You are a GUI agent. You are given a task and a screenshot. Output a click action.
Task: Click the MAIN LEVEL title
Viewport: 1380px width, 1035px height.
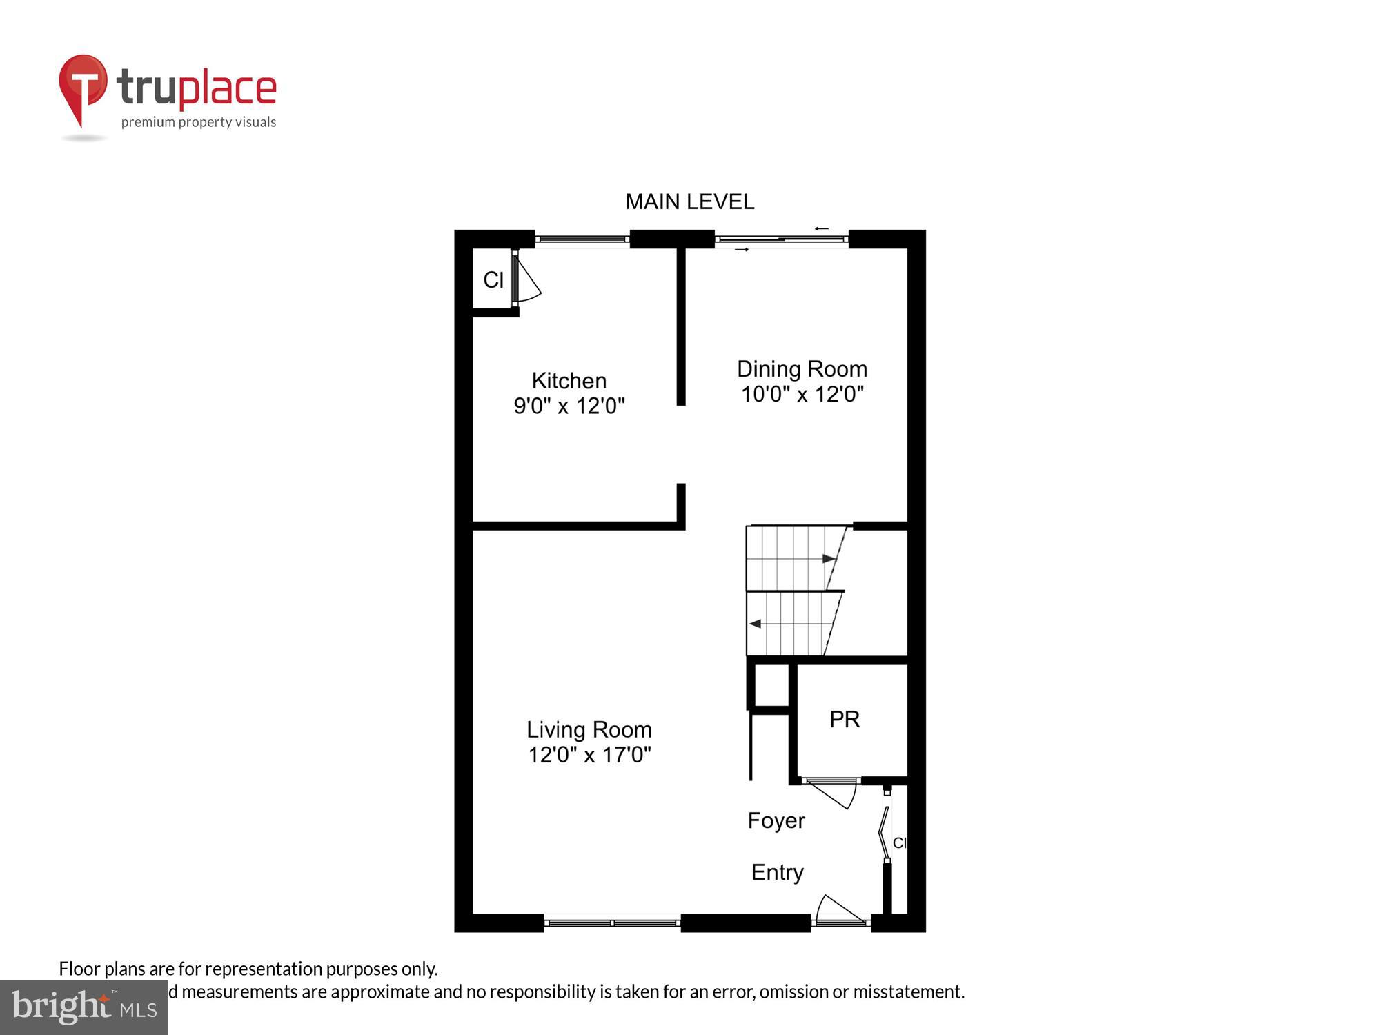pyautogui.click(x=689, y=201)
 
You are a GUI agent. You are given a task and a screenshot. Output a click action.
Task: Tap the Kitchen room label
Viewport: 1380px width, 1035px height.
pyautogui.click(x=569, y=381)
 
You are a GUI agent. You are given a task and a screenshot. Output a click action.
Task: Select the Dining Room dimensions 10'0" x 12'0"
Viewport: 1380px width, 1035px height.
pyautogui.click(x=802, y=394)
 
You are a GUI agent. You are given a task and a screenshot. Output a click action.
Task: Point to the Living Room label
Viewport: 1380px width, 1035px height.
pyautogui.click(x=589, y=729)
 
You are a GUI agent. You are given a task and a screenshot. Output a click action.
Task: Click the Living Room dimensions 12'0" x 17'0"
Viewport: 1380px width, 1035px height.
pyautogui.click(x=589, y=754)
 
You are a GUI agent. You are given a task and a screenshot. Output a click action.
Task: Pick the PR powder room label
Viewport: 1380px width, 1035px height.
pyautogui.click(x=844, y=719)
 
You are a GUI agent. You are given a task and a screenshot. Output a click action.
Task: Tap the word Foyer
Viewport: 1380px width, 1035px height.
pyautogui.click(x=776, y=820)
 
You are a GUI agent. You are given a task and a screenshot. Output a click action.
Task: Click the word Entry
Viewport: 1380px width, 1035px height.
pyautogui.click(x=777, y=872)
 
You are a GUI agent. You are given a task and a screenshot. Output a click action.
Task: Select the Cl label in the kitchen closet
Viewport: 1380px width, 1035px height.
pyautogui.click(x=493, y=280)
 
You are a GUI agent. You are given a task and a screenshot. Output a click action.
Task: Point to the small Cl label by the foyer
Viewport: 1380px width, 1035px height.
pyautogui.click(x=899, y=842)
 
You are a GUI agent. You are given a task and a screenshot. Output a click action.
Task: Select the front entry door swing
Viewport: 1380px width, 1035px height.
pyautogui.click(x=838, y=909)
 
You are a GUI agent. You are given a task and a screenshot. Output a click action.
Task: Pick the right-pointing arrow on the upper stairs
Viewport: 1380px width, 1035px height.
pyautogui.click(x=829, y=558)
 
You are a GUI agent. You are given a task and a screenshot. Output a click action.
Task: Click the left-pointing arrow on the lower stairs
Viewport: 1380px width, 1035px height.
pyautogui.click(x=755, y=624)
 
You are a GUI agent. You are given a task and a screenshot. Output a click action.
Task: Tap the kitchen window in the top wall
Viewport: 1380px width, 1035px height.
pyautogui.click(x=582, y=239)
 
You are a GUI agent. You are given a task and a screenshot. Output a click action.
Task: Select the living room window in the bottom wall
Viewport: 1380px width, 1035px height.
pyautogui.click(x=612, y=923)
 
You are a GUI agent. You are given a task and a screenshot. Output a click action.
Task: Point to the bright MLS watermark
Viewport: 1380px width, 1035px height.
pyautogui.click(x=84, y=1007)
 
